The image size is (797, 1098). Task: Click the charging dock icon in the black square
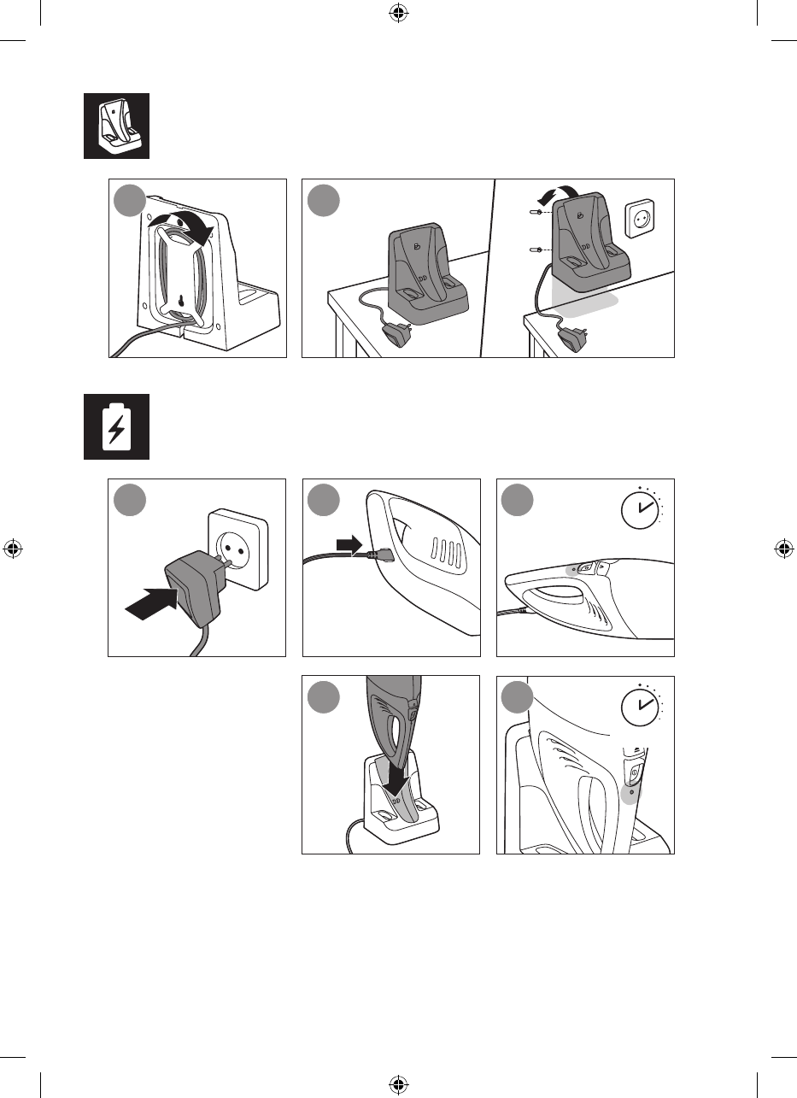click(116, 126)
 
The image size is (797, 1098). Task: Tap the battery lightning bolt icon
click(116, 426)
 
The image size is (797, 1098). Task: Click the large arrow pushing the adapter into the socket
click(152, 602)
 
